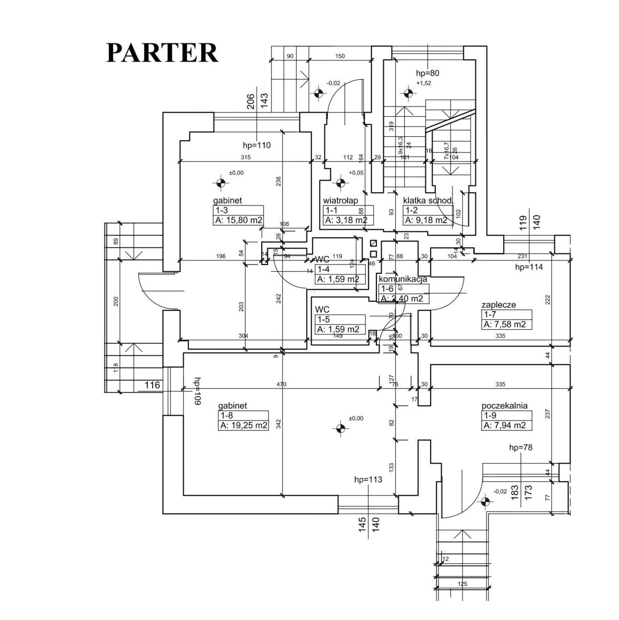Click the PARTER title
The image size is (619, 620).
click(162, 52)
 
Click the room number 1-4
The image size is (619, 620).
click(324, 269)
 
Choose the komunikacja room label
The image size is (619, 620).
click(403, 279)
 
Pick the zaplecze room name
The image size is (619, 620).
click(499, 305)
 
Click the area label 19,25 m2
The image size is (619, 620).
click(244, 426)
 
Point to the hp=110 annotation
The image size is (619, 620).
click(256, 145)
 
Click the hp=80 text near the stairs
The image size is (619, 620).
click(427, 73)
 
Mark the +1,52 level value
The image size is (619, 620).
click(424, 83)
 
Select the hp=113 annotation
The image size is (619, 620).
click(368, 479)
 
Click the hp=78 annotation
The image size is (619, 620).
click(521, 447)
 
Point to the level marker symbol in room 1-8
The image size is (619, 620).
click(340, 427)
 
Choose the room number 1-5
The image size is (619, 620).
click(323, 320)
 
